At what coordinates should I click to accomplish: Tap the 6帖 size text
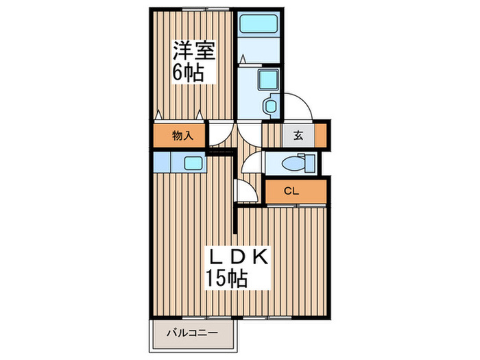click(188, 73)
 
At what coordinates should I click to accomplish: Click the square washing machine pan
click(264, 80)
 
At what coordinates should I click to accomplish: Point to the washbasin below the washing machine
click(271, 106)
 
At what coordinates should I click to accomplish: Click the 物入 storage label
click(182, 136)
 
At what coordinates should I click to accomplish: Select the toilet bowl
click(292, 165)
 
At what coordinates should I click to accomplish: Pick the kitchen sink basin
click(192, 163)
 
